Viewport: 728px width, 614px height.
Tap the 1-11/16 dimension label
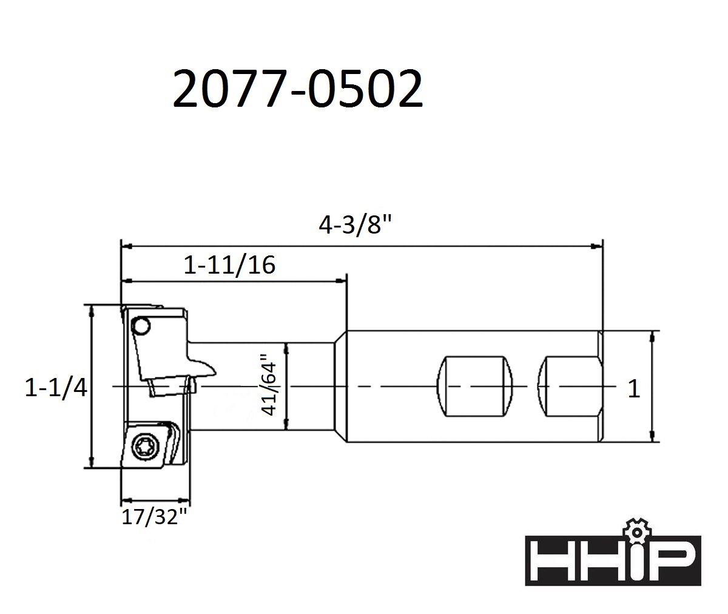229,265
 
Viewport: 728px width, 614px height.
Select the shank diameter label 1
634,389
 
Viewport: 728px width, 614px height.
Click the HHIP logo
613,560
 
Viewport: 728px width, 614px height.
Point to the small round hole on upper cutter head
141,326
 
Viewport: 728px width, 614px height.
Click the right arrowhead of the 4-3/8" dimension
598,246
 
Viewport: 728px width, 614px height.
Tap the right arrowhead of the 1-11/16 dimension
341,281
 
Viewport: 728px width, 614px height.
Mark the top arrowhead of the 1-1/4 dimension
92,310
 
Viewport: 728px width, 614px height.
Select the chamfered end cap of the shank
601,386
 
